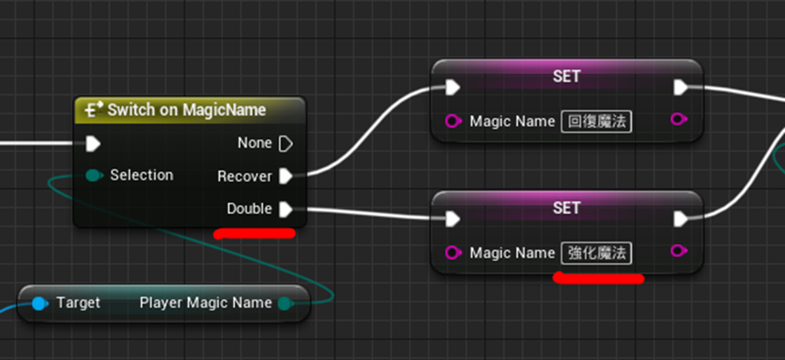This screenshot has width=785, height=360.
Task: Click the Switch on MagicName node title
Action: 186,110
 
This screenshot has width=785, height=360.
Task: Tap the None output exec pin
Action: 286,143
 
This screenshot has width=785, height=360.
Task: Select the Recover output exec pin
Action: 286,176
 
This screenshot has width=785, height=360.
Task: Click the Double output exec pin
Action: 286,209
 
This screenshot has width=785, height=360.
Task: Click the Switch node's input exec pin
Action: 93,144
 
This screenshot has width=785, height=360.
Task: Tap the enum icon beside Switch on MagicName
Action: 91,110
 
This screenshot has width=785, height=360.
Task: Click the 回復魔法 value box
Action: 596,122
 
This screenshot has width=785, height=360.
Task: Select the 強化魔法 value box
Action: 596,253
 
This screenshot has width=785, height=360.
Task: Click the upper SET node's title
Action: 566,76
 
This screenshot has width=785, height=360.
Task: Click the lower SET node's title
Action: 566,207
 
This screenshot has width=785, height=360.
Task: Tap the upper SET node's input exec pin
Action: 453,87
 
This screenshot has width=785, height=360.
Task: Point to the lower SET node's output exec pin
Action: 681,219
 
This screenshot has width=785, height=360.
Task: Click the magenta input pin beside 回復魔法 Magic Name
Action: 453,122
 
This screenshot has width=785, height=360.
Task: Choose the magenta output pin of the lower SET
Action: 679,250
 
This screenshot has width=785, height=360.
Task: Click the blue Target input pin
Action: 40,303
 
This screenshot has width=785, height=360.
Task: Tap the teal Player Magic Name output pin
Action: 285,303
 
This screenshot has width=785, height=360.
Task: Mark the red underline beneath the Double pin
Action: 254,234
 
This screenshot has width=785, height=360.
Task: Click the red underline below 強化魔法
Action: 599,278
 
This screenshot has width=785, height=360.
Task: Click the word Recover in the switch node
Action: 245,176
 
